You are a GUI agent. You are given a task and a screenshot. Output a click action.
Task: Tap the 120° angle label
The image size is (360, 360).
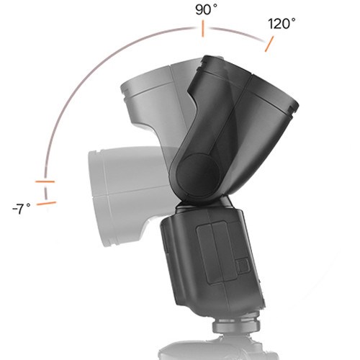[x=282, y=24]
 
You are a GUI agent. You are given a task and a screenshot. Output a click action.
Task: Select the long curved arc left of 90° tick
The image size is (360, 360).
[x=94, y=79]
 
